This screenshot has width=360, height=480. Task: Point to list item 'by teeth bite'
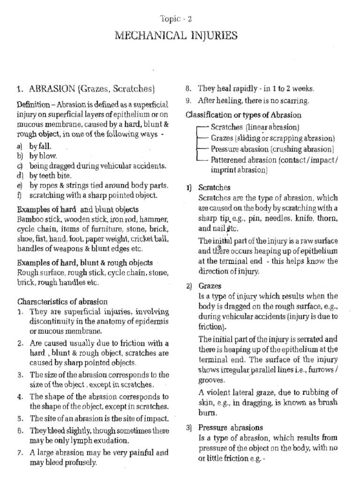pyautogui.click(x=50, y=176)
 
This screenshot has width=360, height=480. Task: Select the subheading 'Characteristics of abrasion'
pyautogui.click(x=62, y=301)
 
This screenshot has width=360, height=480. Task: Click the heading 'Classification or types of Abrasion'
pyautogui.click(x=243, y=115)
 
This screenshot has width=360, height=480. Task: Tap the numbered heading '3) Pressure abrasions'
pyautogui.click(x=225, y=427)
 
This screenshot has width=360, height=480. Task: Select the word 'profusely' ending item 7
pyautogui.click(x=80, y=463)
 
